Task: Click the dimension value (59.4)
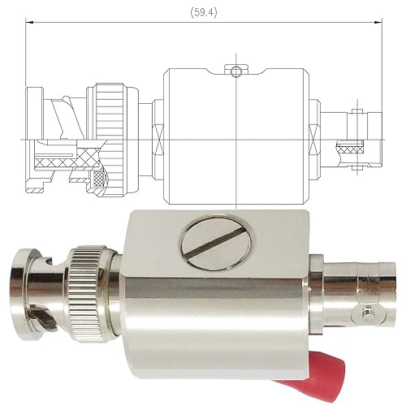tap(200, 11)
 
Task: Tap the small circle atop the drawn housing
tap(235, 72)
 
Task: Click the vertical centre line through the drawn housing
tap(235, 138)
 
